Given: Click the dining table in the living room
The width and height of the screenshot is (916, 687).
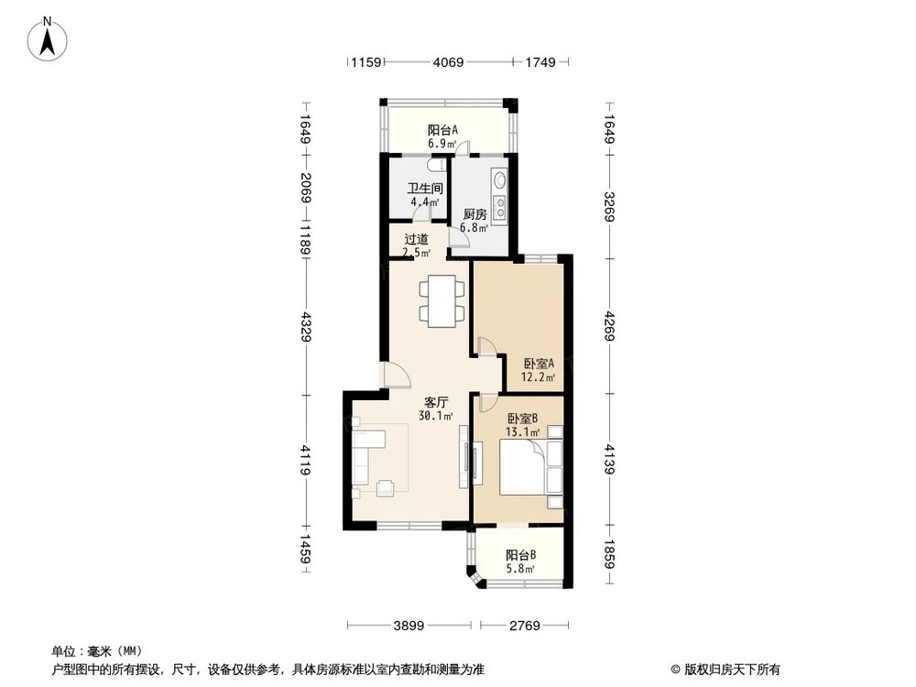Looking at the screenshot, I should coord(435,300).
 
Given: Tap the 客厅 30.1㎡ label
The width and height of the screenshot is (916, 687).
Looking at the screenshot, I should coord(435,409).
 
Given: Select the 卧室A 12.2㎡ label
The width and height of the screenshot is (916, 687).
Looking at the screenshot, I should coord(539,369).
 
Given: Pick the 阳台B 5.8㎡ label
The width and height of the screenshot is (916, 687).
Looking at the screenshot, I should coord(521,562).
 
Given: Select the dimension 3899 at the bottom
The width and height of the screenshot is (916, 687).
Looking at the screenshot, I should coord(409,626).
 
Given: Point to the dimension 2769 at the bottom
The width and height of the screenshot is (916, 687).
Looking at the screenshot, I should coord(526,626).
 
